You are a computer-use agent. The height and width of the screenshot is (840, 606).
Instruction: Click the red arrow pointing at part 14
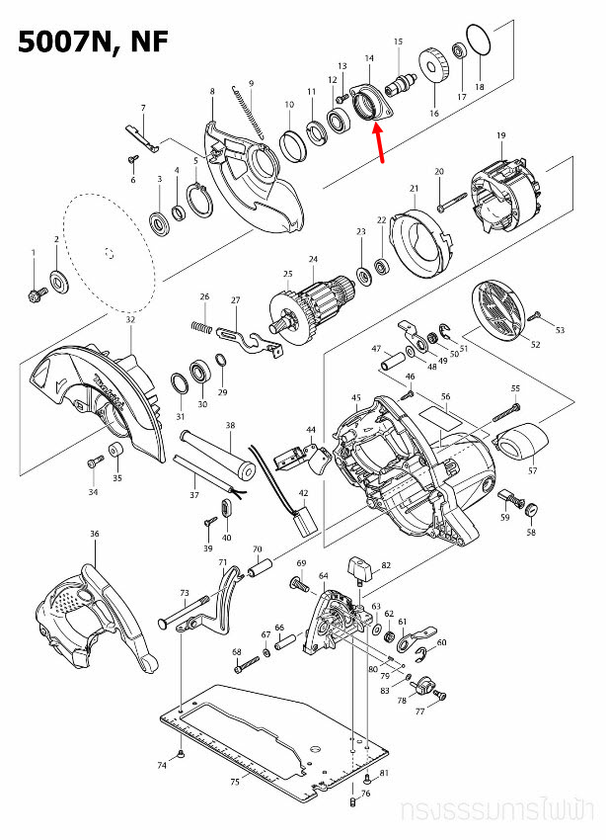click(x=381, y=143)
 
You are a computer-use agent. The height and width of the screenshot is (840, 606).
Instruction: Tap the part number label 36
click(x=95, y=534)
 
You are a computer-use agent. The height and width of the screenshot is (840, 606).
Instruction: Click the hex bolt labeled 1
click(x=35, y=294)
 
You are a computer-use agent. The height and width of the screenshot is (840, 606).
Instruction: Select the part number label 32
click(x=130, y=320)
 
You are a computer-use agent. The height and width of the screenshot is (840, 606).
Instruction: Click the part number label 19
click(x=501, y=134)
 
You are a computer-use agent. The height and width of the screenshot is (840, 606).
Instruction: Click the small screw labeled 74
click(x=185, y=757)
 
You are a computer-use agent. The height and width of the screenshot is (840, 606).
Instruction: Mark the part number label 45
click(x=356, y=397)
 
